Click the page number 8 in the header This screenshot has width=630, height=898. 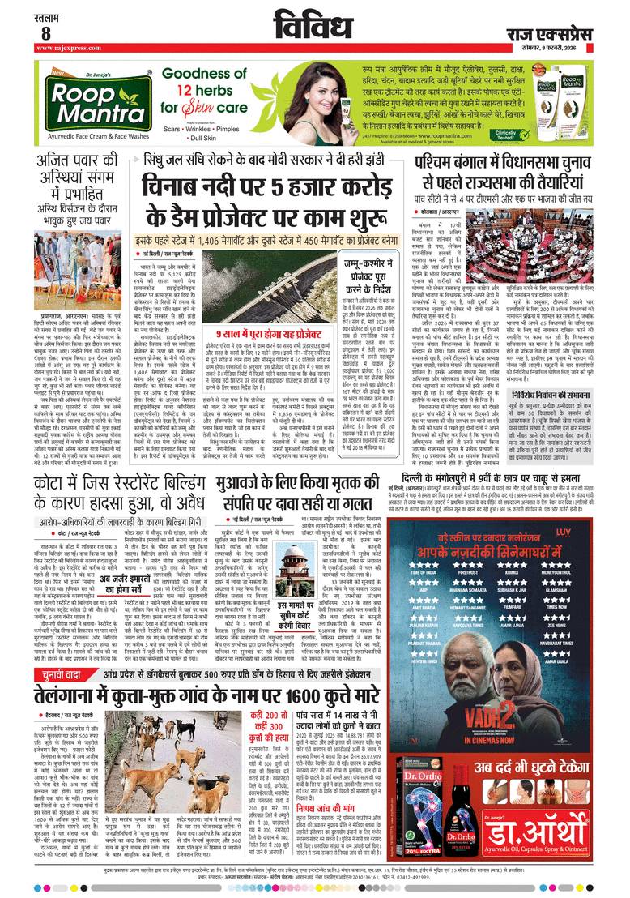pos(45,33)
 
